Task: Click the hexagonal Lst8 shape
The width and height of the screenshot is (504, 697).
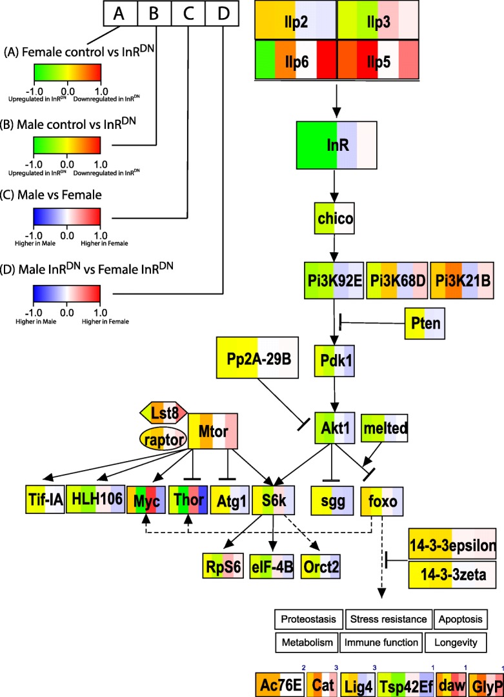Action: (163, 413)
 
